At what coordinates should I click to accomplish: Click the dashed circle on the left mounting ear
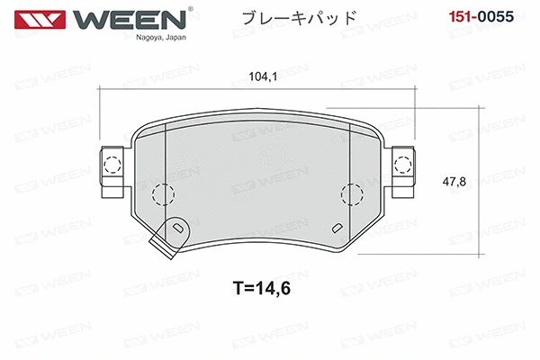pyautogui.click(x=112, y=165)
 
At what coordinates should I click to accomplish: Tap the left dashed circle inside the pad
pyautogui.click(x=163, y=193)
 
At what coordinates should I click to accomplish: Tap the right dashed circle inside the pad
pyautogui.click(x=352, y=193)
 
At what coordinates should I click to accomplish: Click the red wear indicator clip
pyautogui.click(x=168, y=236)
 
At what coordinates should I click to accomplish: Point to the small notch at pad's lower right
pyautogui.click(x=337, y=228)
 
